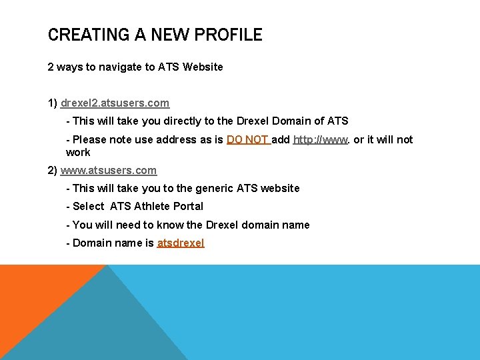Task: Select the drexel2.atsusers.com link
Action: (115, 103)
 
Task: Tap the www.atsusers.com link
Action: (109, 170)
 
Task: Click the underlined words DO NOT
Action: (247, 139)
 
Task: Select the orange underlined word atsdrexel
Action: (181, 243)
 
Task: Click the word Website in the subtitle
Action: (203, 67)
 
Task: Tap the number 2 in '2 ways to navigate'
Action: (51, 67)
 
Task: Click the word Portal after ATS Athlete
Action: (187, 207)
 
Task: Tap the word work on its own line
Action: (78, 152)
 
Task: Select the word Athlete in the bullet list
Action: (151, 207)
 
